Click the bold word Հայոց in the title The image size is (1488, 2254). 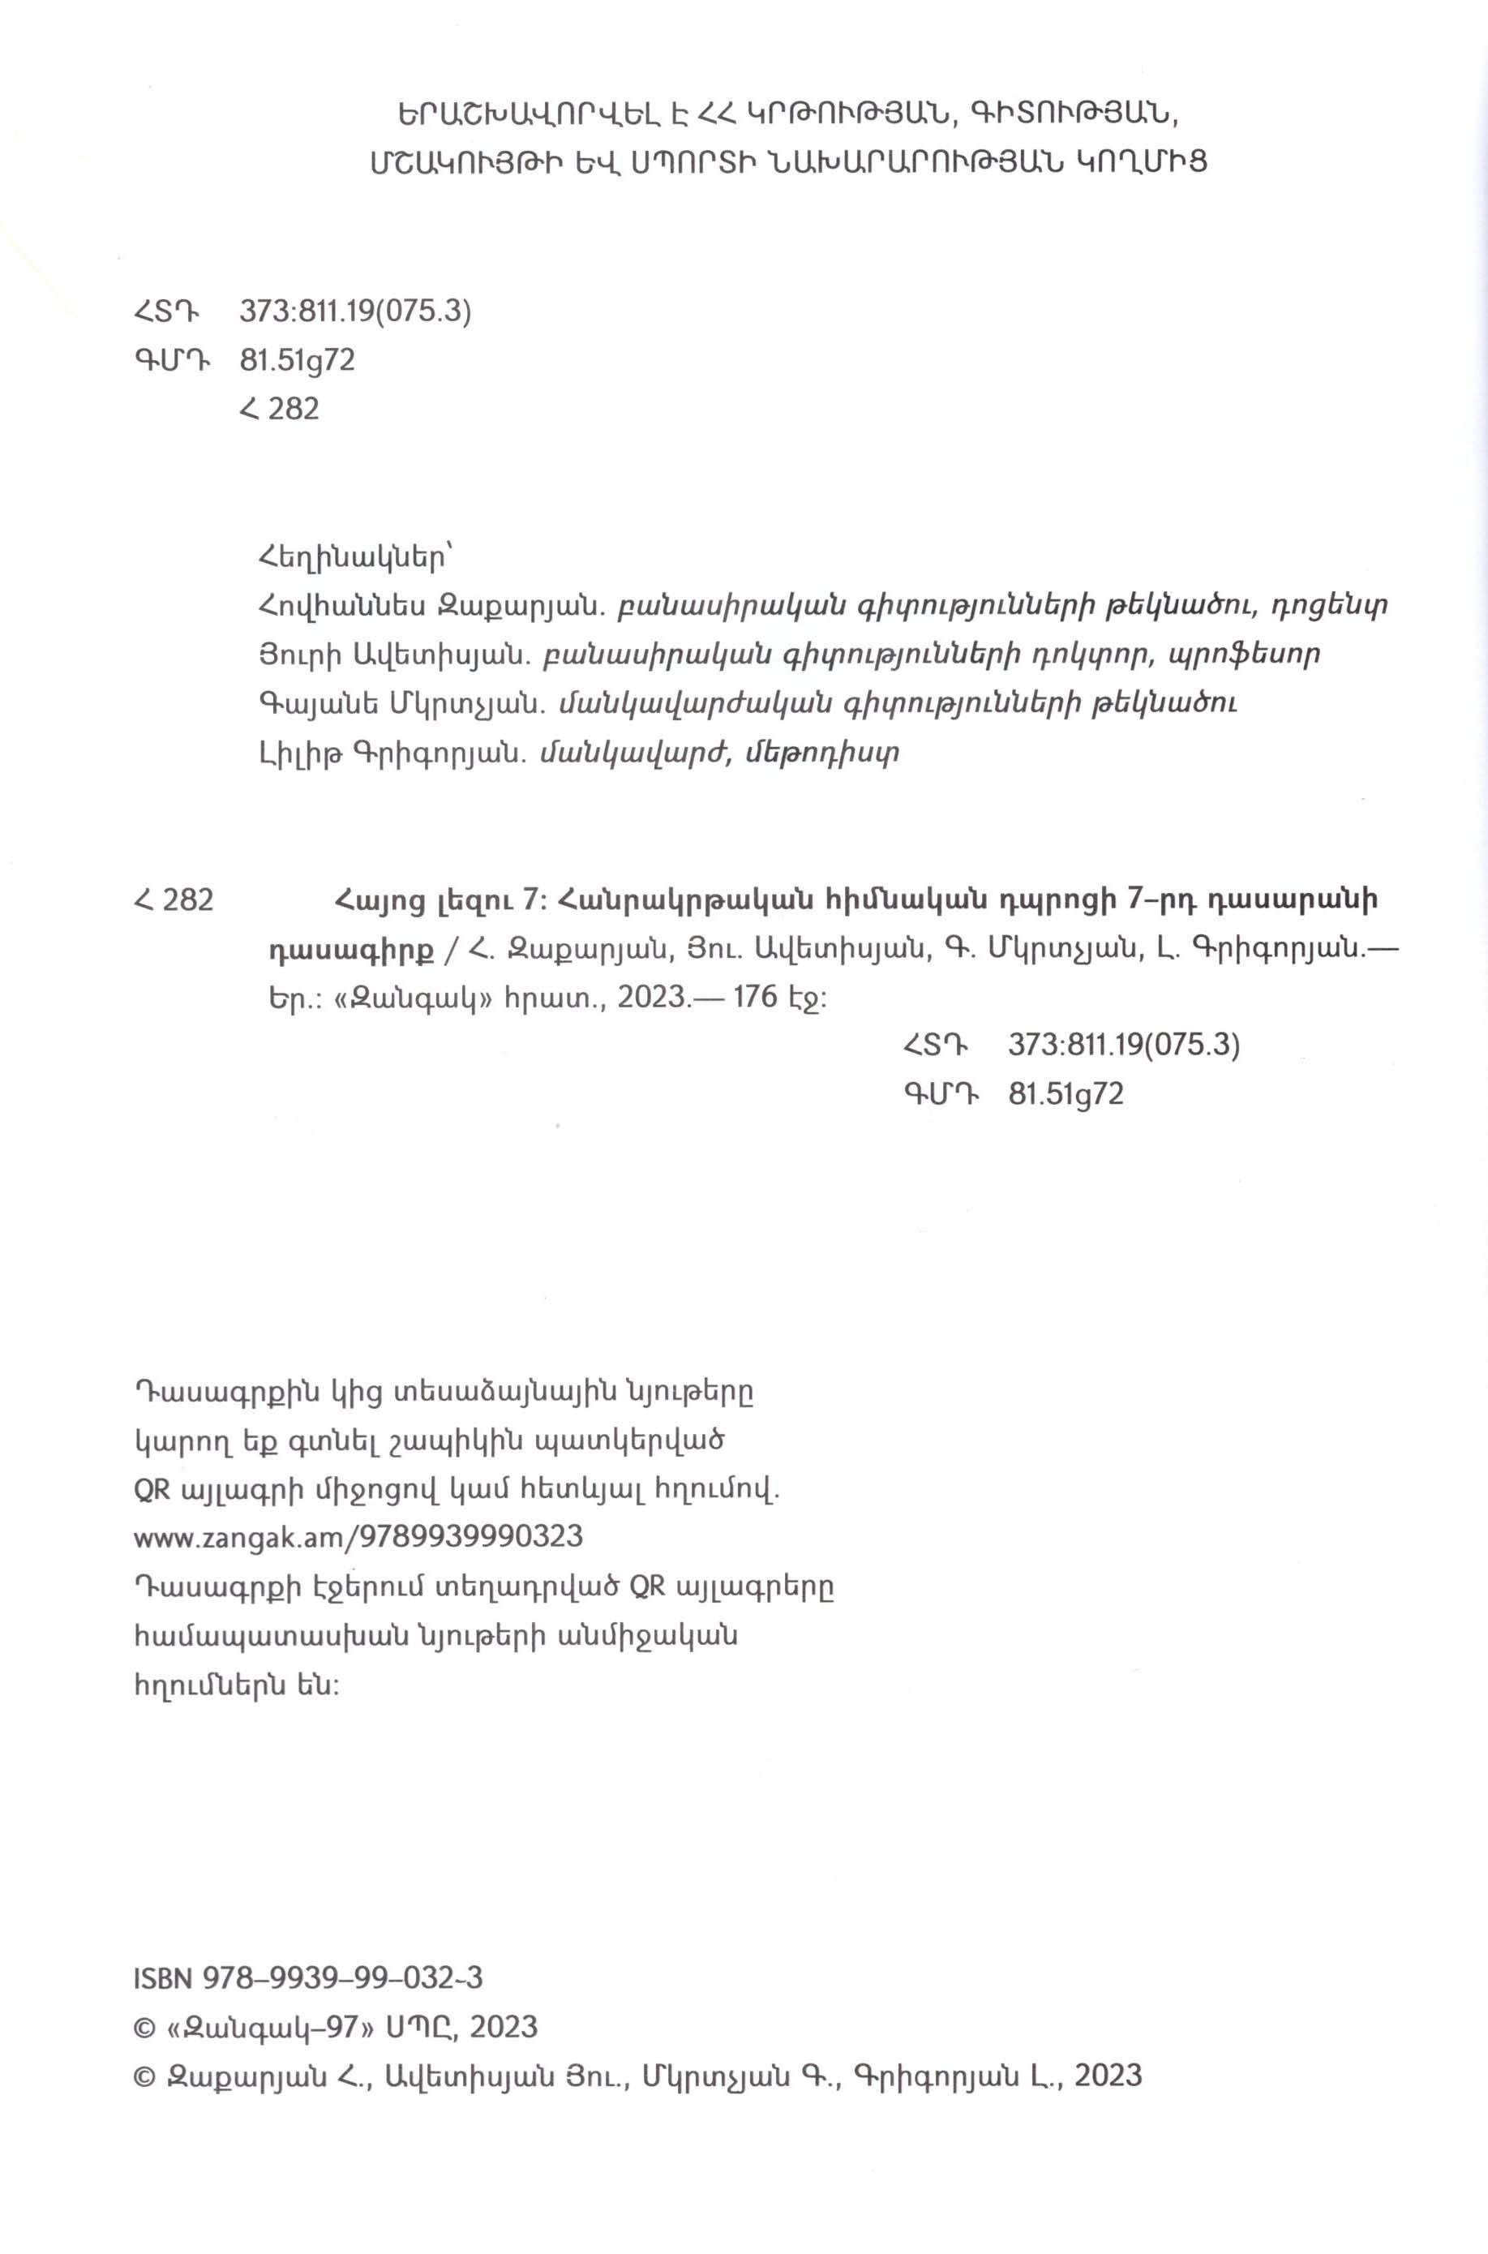(374, 899)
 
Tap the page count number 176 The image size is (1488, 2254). (751, 997)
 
